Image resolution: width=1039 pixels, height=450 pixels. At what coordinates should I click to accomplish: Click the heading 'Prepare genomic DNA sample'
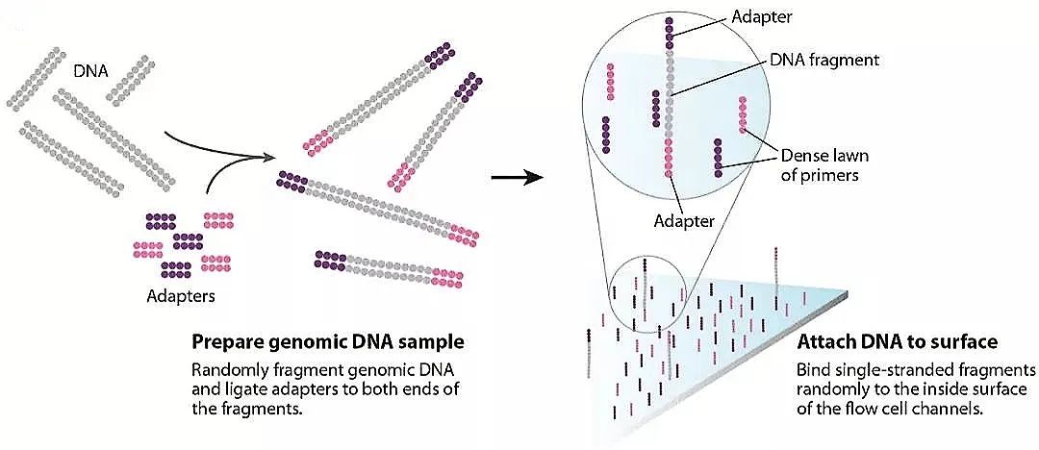coord(328,341)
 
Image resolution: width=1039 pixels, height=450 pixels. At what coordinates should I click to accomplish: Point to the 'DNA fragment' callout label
coord(825,60)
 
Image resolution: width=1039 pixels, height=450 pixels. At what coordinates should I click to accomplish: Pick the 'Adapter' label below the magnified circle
coord(685,220)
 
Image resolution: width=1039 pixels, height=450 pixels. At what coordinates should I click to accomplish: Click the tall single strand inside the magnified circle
coord(668,96)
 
